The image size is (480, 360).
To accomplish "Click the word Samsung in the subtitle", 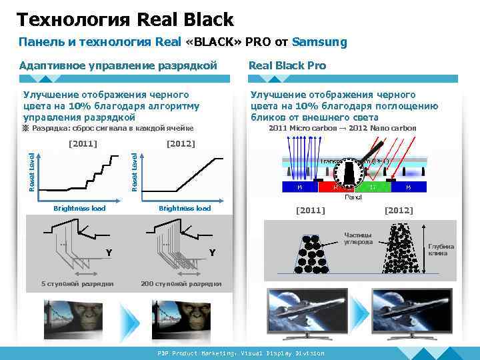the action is (320, 42).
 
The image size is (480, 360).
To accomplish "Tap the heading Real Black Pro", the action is (287, 65).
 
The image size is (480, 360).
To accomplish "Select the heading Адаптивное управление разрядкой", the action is (118, 65).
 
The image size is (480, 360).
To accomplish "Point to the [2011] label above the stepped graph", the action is (83, 143).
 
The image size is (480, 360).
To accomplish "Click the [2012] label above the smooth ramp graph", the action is (180, 143).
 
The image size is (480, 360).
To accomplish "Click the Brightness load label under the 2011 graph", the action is (79, 209).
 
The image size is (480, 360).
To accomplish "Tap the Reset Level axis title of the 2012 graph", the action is (135, 173).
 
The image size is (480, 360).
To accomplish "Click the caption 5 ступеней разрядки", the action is (77, 284).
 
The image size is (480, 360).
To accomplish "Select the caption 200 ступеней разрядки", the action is (181, 284).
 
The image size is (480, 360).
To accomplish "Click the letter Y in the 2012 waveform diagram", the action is (212, 253).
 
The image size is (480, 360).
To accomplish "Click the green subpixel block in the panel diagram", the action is (373, 187).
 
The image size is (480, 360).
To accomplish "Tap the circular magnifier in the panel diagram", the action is (349, 175).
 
